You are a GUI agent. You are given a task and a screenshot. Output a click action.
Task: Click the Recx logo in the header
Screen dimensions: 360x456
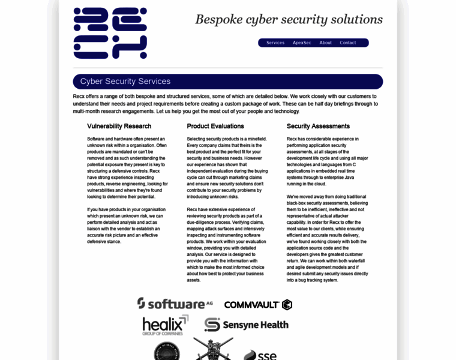point(110,33)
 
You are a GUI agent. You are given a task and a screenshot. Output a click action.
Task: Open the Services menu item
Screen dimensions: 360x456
point(275,43)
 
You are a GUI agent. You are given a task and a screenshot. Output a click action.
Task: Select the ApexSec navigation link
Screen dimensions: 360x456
point(302,43)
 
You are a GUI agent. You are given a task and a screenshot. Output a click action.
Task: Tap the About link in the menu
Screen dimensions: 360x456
point(325,43)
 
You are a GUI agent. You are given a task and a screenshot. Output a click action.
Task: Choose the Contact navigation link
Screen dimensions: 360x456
point(348,43)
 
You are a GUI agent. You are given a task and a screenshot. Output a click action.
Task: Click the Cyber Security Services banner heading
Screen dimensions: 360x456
point(125,82)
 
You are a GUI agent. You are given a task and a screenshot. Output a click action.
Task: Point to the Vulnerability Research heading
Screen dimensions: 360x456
point(119,126)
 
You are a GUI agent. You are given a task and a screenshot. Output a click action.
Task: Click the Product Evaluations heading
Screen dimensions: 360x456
point(215,126)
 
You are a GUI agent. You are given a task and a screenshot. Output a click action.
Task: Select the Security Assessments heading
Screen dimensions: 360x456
point(318,126)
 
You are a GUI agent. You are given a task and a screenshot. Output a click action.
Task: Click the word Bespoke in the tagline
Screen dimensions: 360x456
point(218,19)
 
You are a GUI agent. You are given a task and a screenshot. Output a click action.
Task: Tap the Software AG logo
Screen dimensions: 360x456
point(175,304)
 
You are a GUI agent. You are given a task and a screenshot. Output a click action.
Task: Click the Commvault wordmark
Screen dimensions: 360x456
point(251,305)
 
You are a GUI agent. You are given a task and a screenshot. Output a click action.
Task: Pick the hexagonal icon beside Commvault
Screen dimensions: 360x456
point(287,305)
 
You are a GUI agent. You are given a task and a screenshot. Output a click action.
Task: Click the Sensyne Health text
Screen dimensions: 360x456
point(256,325)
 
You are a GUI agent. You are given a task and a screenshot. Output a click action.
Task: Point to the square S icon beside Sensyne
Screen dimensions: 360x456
point(212,325)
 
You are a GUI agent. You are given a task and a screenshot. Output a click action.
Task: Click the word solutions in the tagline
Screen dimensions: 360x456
point(357,19)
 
